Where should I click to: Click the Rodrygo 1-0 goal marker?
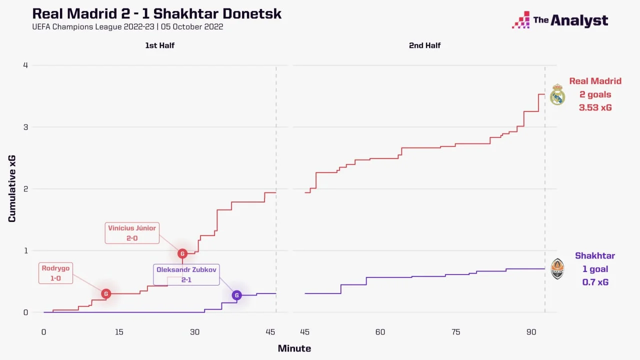tap(105, 293)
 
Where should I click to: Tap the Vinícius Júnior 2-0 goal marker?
tap(182, 253)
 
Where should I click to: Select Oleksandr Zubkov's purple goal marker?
tap(236, 295)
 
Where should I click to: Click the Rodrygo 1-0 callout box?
tap(56, 273)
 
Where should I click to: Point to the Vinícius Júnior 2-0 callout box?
tap(132, 233)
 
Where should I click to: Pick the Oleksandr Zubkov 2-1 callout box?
tap(186, 274)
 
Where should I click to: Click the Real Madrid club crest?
tap(557, 94)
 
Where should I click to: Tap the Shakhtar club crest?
tap(557, 269)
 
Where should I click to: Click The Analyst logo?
tap(560, 20)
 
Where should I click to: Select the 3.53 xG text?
tap(595, 107)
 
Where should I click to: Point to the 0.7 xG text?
tap(595, 282)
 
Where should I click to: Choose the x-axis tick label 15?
tap(119, 332)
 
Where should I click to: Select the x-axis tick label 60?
tap(380, 332)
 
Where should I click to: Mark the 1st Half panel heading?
tap(159, 45)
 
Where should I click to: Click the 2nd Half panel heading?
tap(424, 45)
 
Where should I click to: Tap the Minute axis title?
tap(294, 348)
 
